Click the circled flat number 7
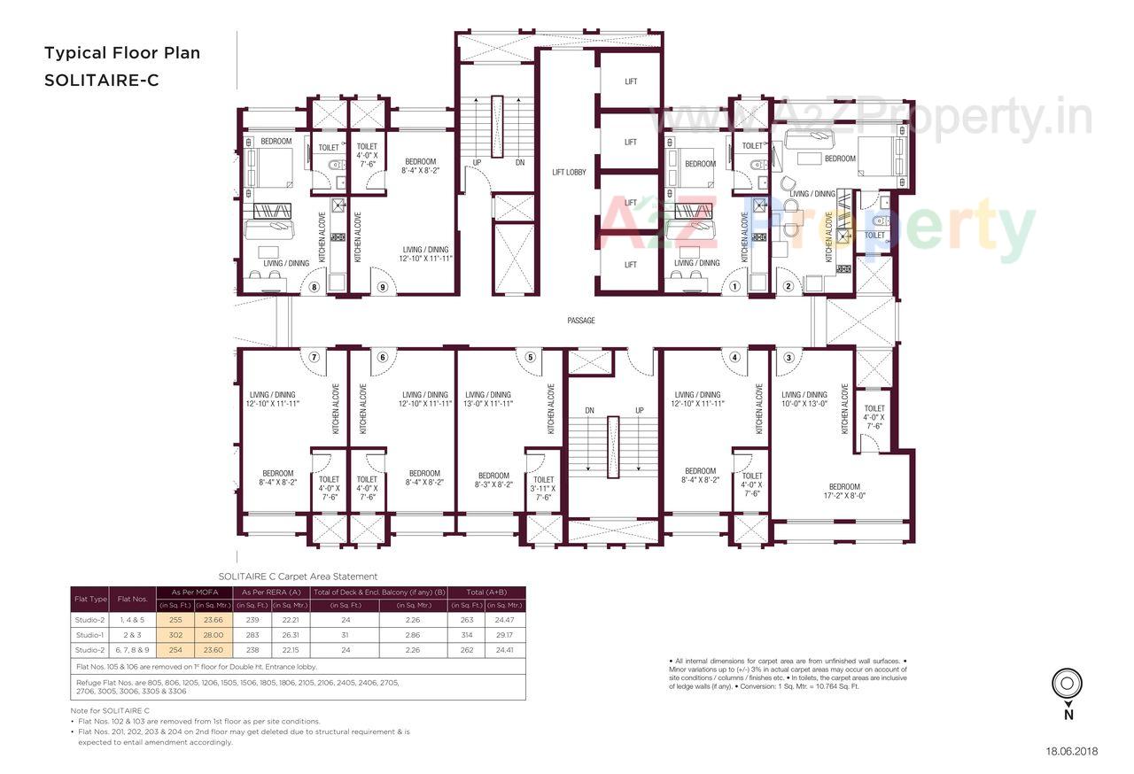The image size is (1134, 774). (314, 357)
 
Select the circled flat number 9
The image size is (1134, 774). (382, 287)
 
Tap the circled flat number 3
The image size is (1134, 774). (788, 357)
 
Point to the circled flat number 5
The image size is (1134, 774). (530, 357)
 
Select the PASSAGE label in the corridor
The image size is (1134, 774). (581, 321)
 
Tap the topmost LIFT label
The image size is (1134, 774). (631, 81)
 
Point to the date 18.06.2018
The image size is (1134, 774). (1071, 751)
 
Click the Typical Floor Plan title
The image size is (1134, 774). (122, 53)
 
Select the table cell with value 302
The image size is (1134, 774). (175, 635)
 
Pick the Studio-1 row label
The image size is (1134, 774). (89, 635)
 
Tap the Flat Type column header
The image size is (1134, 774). (89, 599)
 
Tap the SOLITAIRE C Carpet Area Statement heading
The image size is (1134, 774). (298, 577)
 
